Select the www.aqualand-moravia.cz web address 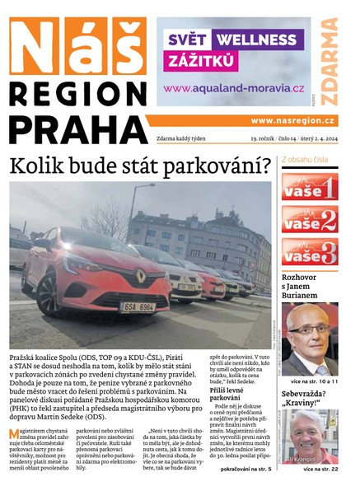(x=234, y=88)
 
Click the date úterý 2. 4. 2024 (x=317, y=138)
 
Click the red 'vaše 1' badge (x=309, y=187)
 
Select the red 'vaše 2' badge (x=309, y=219)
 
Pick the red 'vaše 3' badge (x=309, y=251)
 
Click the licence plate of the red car (x=138, y=306)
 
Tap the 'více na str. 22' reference (x=320, y=469)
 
